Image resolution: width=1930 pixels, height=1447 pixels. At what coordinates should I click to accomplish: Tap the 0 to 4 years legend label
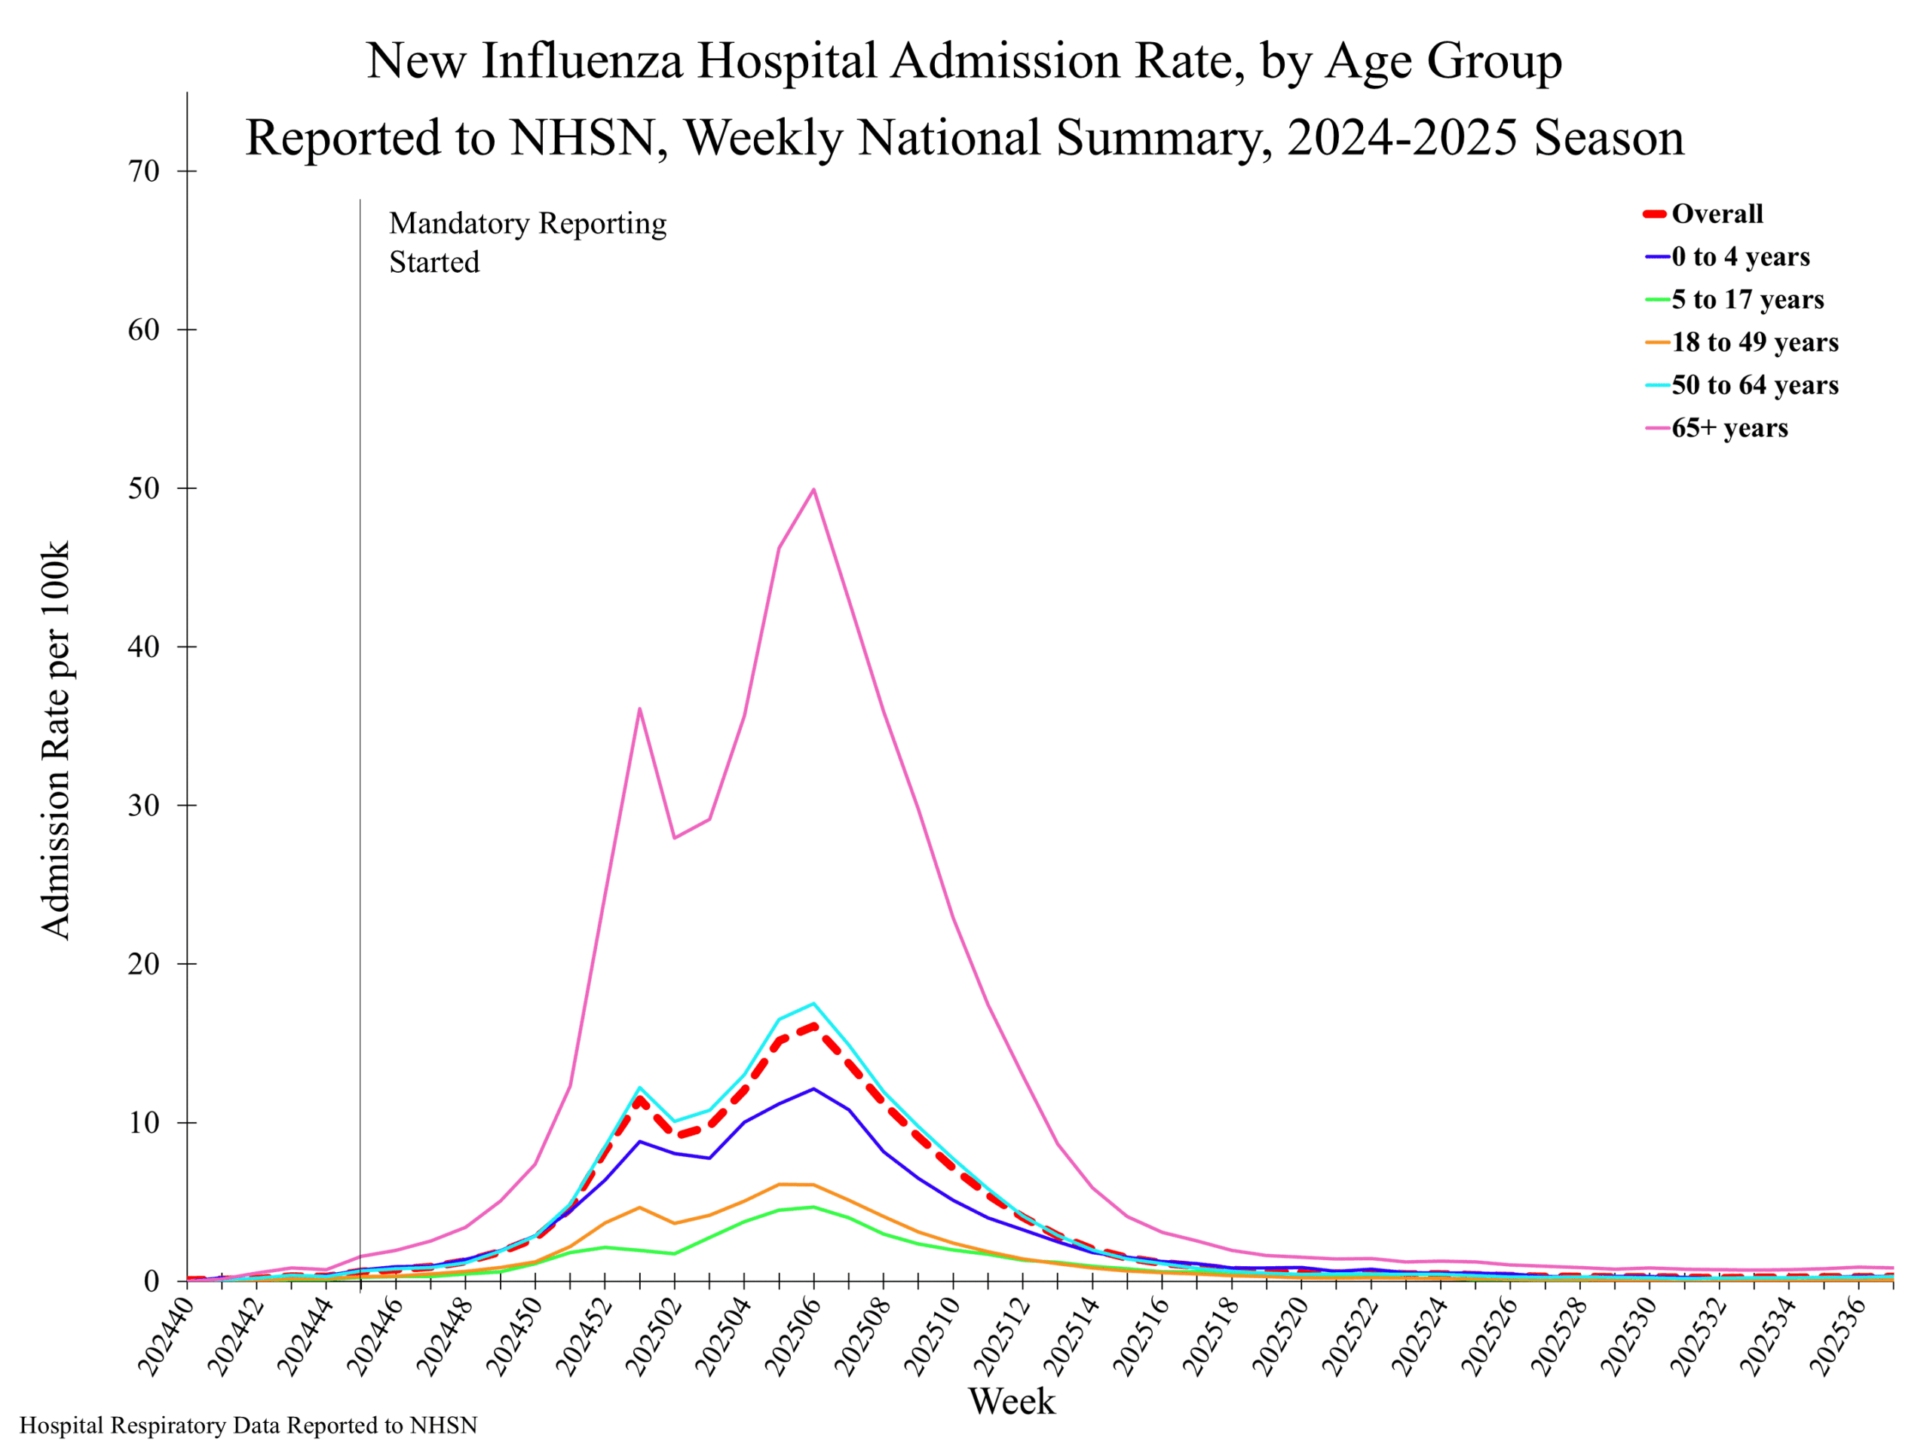[1740, 256]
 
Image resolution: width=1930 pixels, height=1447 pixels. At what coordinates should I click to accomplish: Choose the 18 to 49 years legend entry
[1754, 342]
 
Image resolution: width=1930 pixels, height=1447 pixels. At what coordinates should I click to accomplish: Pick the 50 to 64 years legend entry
[1754, 384]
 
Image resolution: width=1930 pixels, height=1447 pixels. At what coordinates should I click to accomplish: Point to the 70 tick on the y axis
[144, 171]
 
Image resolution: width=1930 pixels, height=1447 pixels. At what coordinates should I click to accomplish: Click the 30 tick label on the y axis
[144, 805]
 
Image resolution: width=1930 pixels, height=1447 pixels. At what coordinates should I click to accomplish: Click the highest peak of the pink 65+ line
[813, 489]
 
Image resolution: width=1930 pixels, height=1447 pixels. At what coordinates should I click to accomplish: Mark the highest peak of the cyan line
[813, 1003]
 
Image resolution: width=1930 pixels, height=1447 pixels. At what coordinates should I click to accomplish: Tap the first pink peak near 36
[639, 708]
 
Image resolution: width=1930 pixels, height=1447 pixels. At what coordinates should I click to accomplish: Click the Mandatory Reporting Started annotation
[527, 243]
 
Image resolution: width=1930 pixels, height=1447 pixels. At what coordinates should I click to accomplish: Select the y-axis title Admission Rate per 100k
[56, 741]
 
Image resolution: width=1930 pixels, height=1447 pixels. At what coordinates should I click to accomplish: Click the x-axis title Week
[1011, 1401]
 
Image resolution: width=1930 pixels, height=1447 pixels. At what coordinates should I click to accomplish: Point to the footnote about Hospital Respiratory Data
[249, 1425]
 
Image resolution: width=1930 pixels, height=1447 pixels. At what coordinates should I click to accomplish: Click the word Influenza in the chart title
[581, 61]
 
